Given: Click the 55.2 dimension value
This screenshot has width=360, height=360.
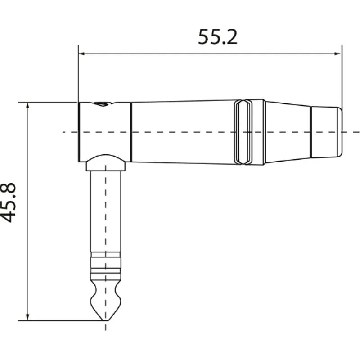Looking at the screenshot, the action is (217, 37).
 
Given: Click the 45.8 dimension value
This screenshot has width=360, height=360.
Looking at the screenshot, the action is (9, 202).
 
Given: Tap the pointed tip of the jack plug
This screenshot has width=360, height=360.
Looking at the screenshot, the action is (106, 320).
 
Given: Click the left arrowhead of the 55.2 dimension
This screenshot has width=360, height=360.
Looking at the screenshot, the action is (82, 54).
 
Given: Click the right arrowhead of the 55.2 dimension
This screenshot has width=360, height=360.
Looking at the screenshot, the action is (338, 54).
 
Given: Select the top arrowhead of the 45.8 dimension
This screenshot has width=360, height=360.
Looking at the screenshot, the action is (28, 106).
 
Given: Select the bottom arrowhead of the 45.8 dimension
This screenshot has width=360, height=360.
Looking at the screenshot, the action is (28, 317).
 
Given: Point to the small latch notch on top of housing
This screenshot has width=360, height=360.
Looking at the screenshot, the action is (103, 104).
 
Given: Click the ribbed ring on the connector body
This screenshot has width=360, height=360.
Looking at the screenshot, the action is (249, 132).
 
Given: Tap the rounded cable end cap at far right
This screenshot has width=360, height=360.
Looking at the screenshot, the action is (326, 132).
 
